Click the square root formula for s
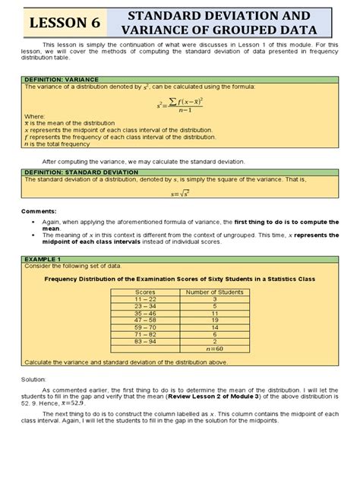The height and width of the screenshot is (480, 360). pyautogui.click(x=181, y=193)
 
